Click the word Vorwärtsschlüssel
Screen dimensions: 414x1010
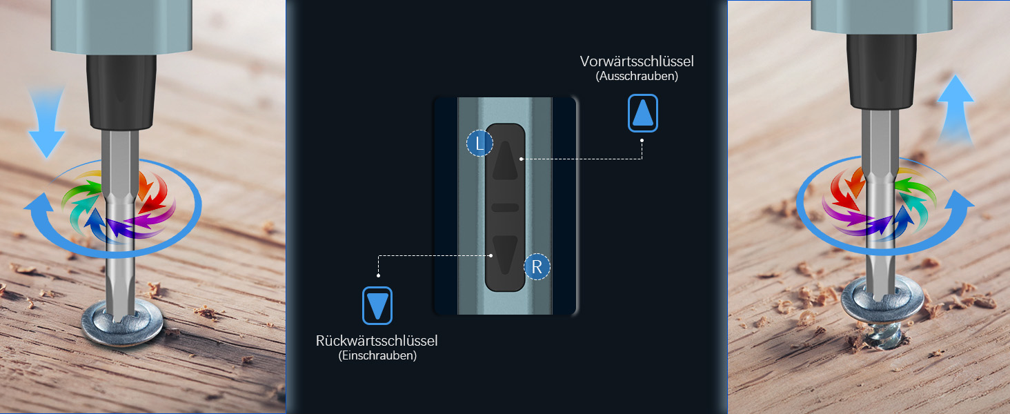pyautogui.click(x=637, y=61)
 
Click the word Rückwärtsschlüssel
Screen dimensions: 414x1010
pyautogui.click(x=377, y=340)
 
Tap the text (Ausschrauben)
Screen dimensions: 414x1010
pyautogui.click(x=636, y=77)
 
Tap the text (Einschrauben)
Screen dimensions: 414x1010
pyautogui.click(x=377, y=356)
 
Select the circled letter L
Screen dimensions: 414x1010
pyautogui.click(x=480, y=144)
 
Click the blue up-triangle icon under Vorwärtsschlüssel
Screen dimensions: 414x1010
pyautogui.click(x=643, y=113)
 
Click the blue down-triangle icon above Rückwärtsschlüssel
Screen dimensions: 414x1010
pyautogui.click(x=377, y=306)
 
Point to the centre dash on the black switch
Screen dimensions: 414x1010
pyautogui.click(x=506, y=208)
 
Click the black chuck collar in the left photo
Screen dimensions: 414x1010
pyautogui.click(x=120, y=94)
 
